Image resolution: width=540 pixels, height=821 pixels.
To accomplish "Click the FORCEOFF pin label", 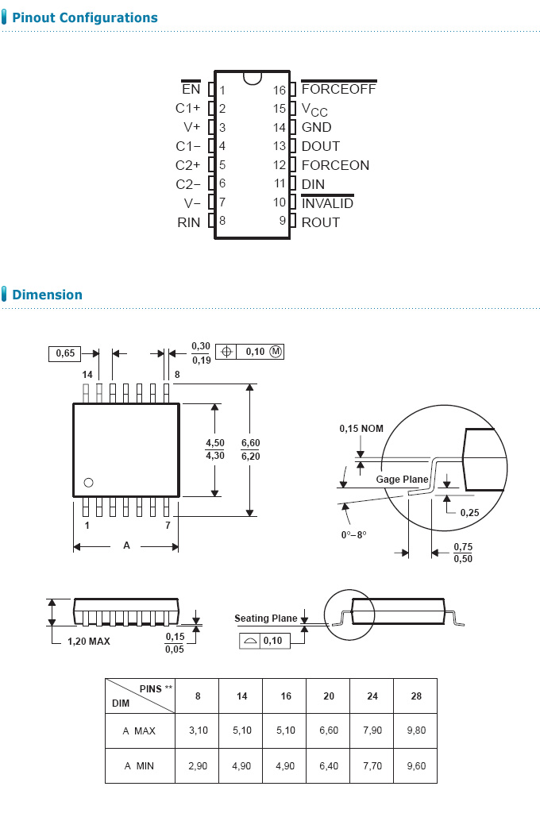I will coord(338,89).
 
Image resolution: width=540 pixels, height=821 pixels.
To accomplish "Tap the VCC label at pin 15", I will coord(314,109).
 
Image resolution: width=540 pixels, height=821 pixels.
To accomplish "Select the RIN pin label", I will coord(189,222).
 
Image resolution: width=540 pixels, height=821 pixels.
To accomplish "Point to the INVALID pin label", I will coord(327,203).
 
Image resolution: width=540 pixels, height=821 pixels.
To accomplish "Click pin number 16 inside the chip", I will coord(280,90).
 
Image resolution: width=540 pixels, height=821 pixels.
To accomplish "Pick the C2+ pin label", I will coord(188,165).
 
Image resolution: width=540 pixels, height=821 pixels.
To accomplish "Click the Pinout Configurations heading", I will coord(85,17).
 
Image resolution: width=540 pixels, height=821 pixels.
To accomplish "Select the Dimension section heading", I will coord(47,295).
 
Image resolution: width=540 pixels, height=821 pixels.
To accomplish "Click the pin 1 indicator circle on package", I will coord(88,482).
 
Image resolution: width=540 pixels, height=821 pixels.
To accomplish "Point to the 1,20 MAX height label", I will coord(88,641).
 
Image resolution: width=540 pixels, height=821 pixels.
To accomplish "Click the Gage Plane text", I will coord(402,480).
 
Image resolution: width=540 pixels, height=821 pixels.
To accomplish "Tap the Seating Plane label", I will coord(265,618).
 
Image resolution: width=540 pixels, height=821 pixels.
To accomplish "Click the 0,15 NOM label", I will coord(361,429).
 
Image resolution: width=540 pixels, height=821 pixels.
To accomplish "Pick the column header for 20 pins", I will coord(329,696).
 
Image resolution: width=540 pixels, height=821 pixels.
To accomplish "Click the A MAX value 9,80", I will coord(415,730).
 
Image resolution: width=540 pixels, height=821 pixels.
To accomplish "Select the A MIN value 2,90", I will coord(198,765).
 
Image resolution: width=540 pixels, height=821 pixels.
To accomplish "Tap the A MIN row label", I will coord(139,765).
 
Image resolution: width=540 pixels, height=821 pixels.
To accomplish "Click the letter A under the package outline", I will coord(125,545).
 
